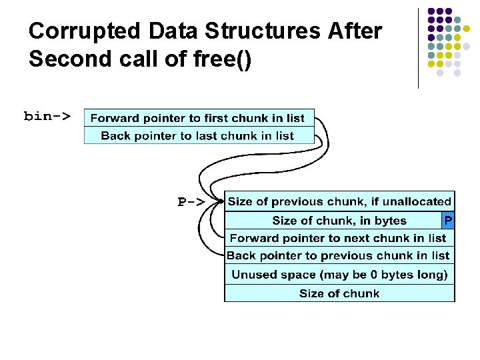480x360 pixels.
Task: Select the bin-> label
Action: [x=47, y=116]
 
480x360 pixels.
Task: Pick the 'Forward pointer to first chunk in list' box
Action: [x=198, y=118]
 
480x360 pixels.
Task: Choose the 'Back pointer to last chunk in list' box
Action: [x=198, y=136]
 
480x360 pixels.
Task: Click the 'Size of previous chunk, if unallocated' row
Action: [x=339, y=201]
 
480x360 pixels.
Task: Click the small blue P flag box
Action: [x=448, y=220]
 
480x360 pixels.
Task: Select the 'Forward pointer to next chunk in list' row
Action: [x=339, y=238]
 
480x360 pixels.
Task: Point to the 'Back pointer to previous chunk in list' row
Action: [x=339, y=255]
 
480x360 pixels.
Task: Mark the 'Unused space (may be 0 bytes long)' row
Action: [x=339, y=274]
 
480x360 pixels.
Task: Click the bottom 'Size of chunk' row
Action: [x=339, y=293]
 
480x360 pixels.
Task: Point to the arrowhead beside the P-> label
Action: [x=218, y=199]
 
